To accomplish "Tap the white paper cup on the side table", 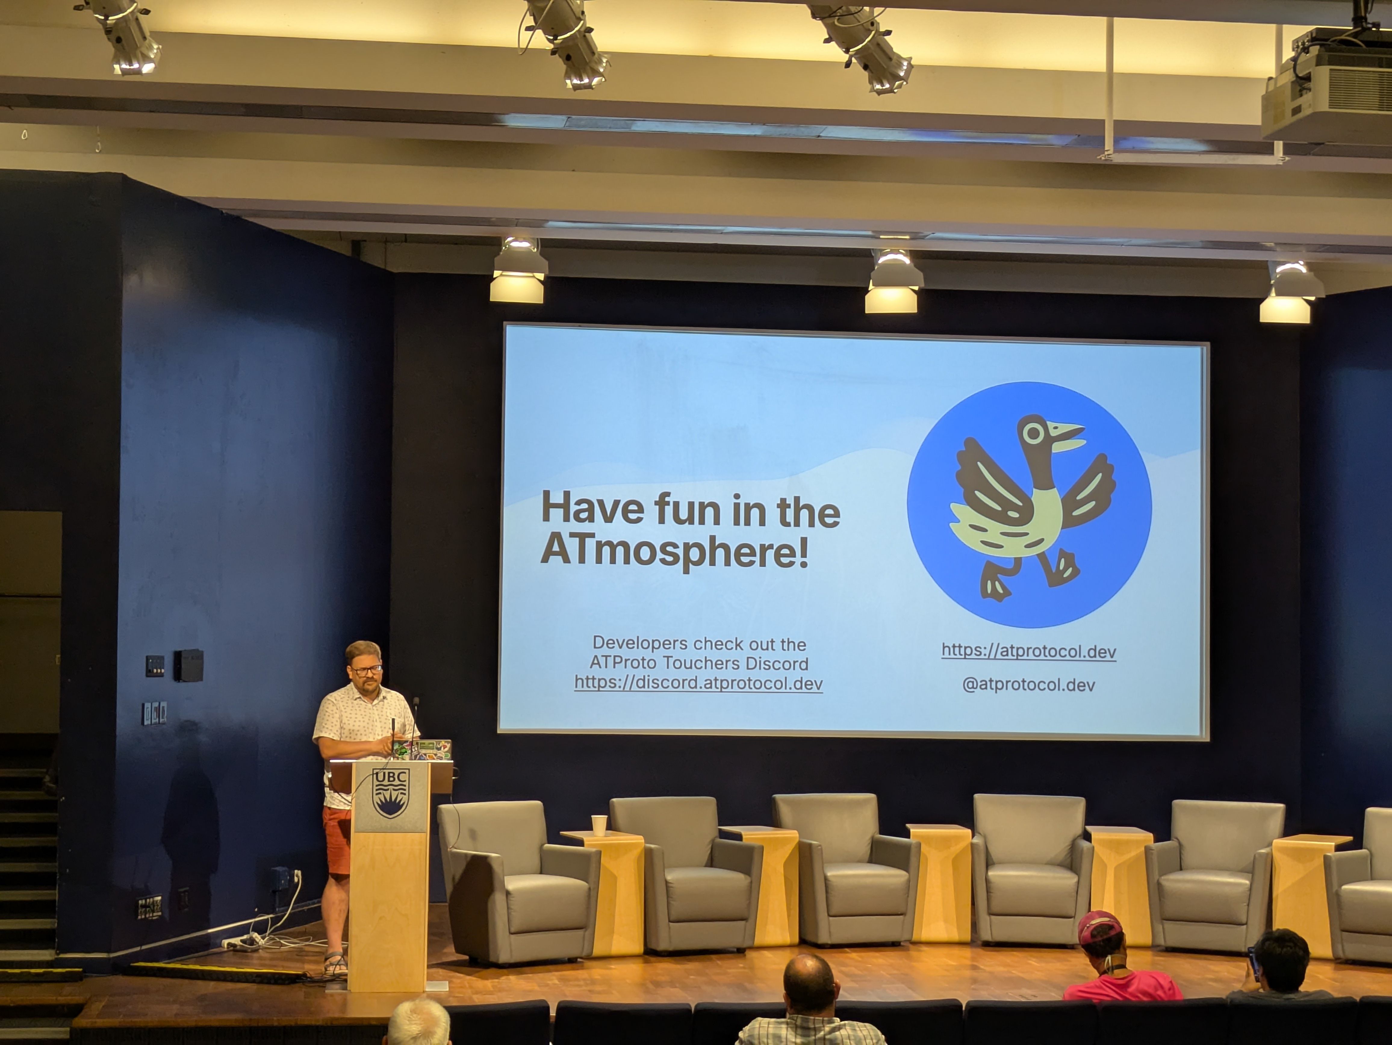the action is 599,825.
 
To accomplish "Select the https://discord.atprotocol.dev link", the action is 698,683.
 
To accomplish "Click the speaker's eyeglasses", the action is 366,670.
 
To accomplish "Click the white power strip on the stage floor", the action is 242,942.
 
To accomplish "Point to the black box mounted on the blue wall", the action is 188,665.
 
